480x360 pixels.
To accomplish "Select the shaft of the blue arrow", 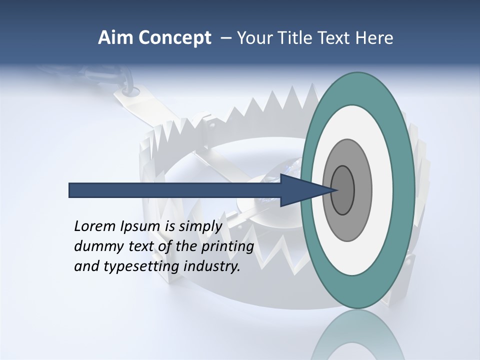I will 175,190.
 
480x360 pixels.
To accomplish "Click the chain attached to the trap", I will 125,80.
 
